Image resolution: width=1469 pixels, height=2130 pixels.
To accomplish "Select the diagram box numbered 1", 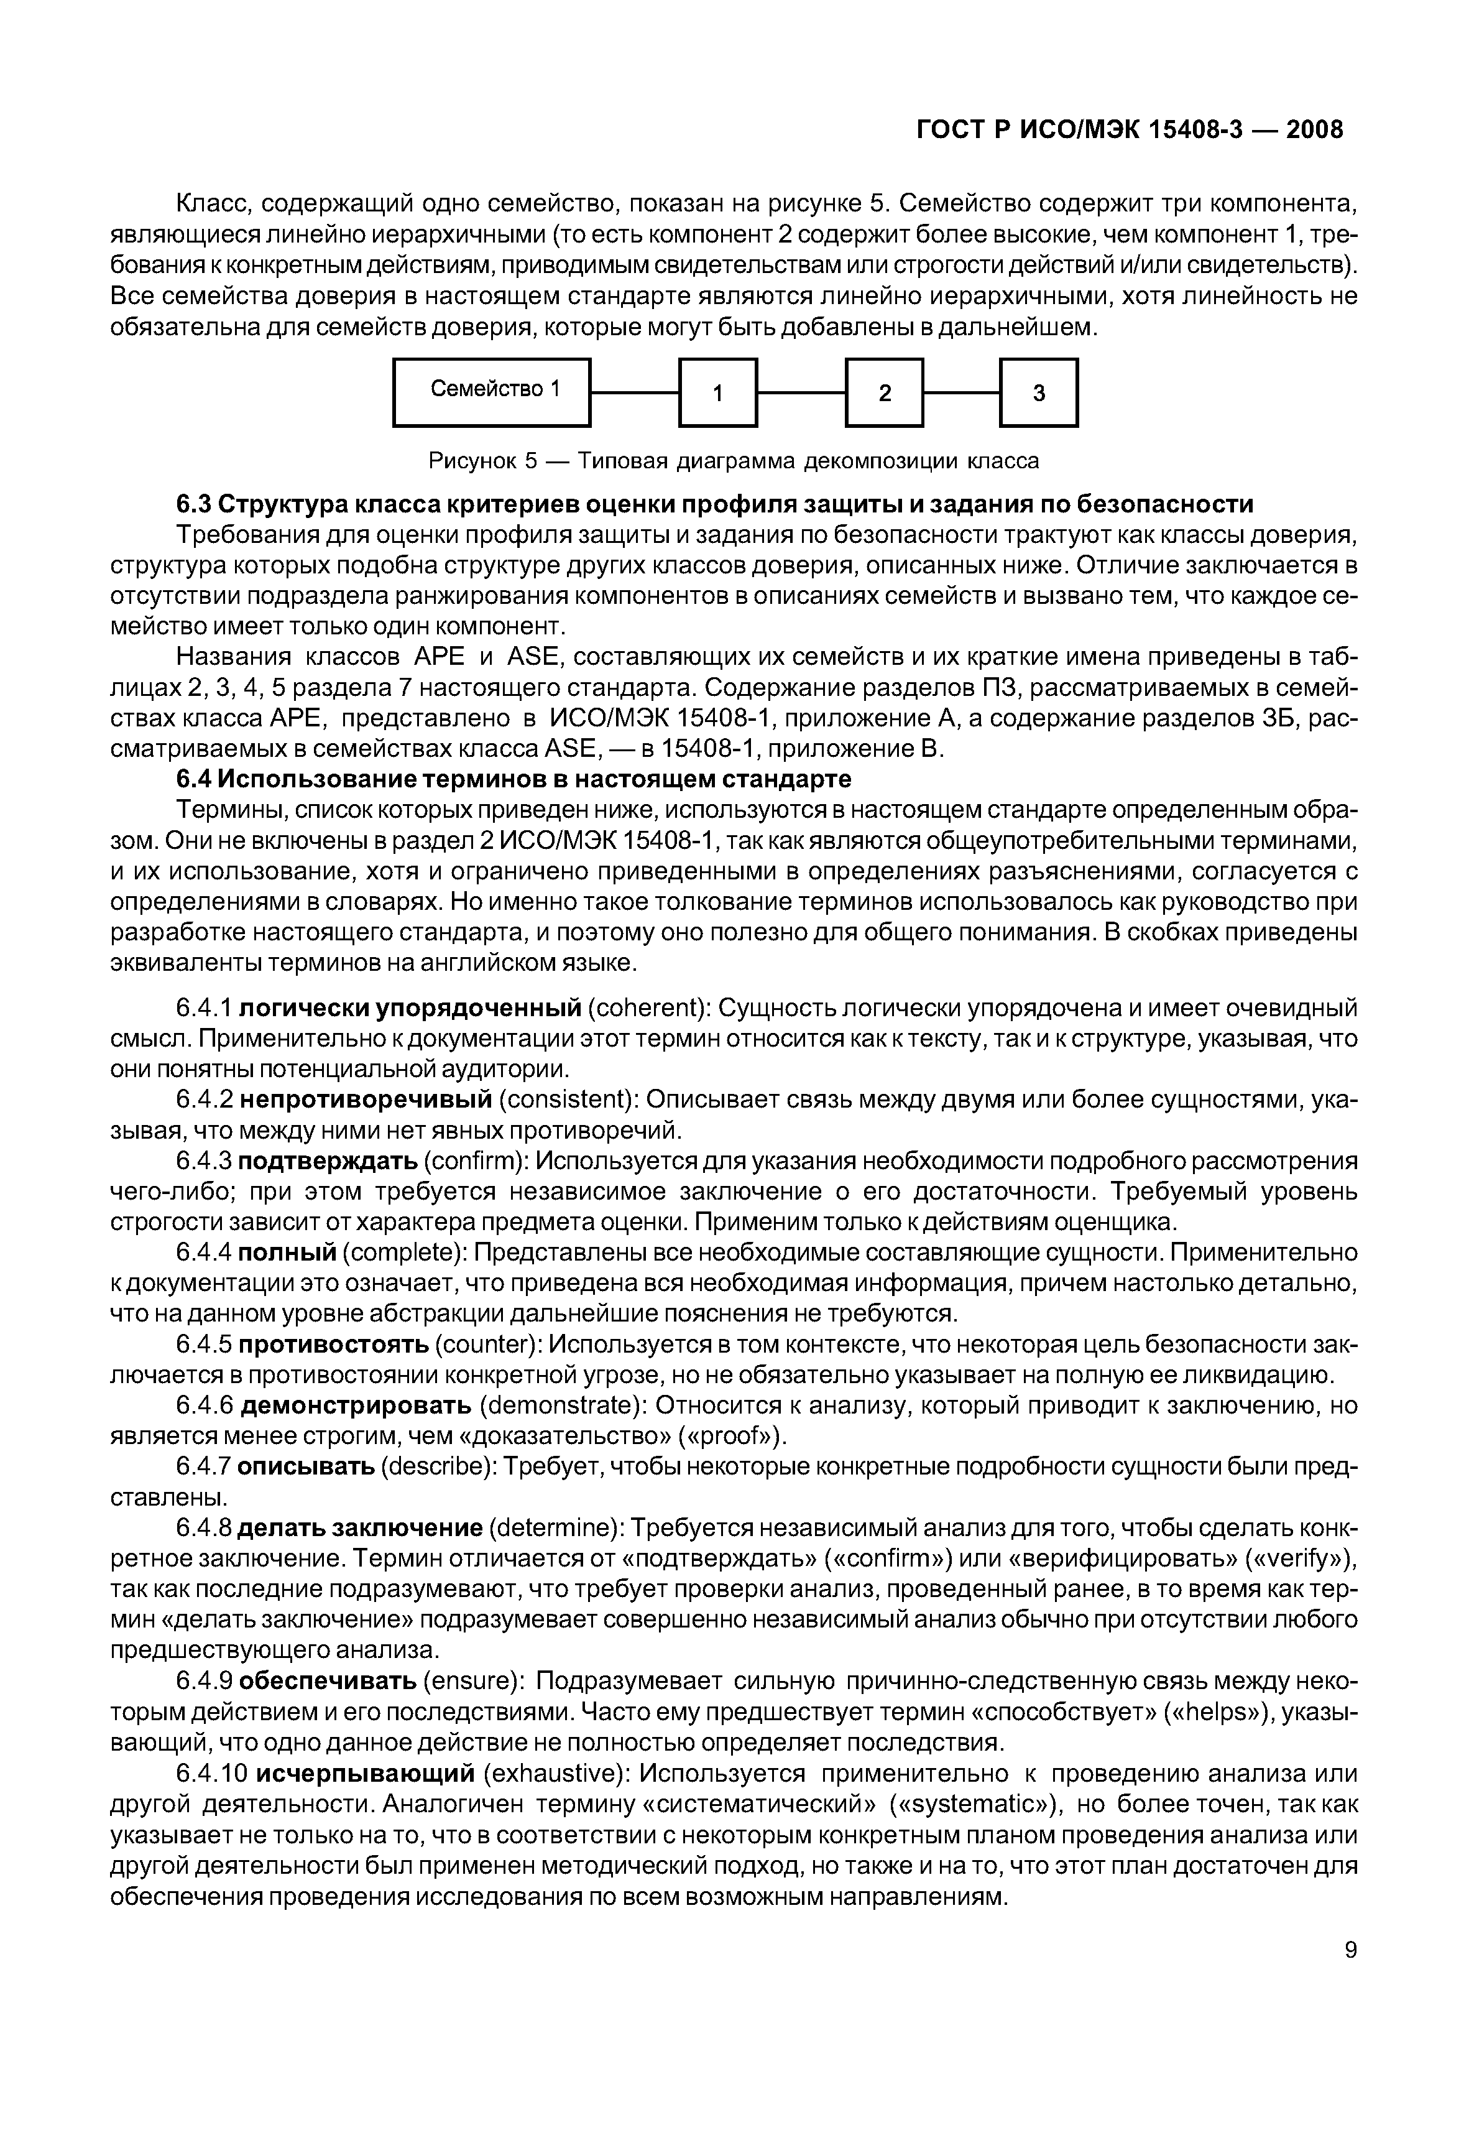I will coord(718,393).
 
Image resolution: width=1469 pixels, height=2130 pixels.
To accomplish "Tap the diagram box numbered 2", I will coord(885,393).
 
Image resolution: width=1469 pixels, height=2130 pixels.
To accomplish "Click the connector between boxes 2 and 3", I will coord(962,393).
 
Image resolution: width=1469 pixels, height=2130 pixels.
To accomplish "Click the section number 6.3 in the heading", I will coord(194,504).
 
